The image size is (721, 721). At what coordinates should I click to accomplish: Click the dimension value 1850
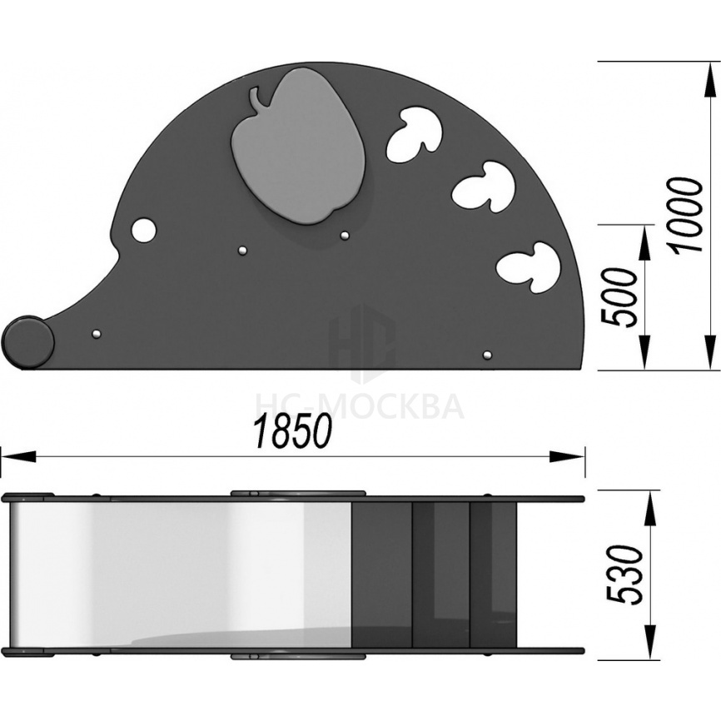pos(293,431)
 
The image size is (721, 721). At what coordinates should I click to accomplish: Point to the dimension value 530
pos(624,574)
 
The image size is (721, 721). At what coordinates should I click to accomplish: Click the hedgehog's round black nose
pos(28,341)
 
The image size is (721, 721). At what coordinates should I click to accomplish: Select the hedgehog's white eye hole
pos(143,230)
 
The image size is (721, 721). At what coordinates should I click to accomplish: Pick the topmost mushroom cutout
pos(415,135)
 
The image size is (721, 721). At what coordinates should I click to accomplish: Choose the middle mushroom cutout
pos(483,186)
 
